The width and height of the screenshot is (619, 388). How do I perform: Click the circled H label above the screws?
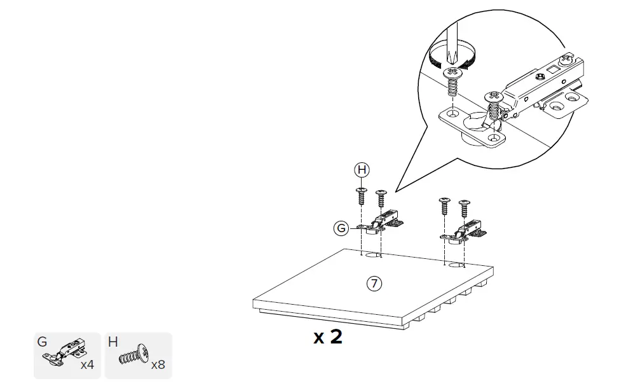coord(362,170)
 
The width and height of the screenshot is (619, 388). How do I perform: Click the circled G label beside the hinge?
coord(341,228)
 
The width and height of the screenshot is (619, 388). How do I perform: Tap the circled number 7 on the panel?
coord(375,284)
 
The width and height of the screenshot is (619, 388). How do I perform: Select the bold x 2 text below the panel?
coord(328,336)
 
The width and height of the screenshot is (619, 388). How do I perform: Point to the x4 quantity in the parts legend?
coord(87,365)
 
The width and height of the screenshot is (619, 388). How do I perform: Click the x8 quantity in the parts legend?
coord(158,365)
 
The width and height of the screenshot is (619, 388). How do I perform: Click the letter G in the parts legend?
coord(43,342)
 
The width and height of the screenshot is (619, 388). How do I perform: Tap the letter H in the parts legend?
coord(113,342)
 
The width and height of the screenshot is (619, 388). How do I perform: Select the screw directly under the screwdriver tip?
coord(452,81)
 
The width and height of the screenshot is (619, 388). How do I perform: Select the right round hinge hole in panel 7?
coord(456,263)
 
